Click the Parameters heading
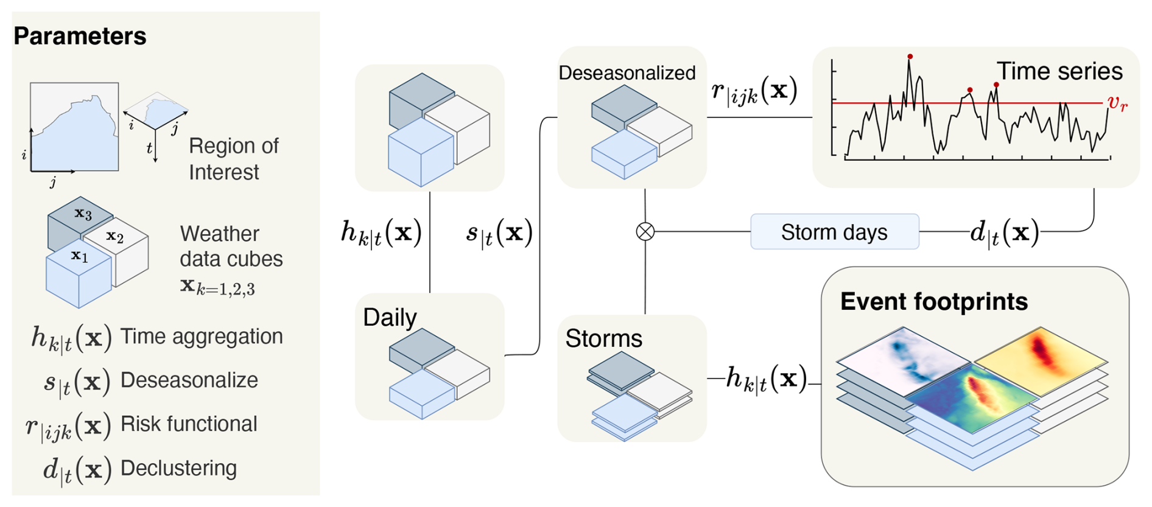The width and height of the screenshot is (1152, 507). [x=80, y=37]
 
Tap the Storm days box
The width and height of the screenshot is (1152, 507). [x=834, y=232]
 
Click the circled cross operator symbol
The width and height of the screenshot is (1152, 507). [x=645, y=232]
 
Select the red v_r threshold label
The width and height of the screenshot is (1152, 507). [x=1117, y=103]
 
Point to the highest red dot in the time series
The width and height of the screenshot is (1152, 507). [x=910, y=57]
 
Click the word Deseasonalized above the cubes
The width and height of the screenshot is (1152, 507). [x=627, y=73]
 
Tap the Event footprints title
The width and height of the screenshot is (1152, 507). [x=933, y=301]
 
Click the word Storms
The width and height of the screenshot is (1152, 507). [x=603, y=338]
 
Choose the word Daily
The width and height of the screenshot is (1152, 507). [x=390, y=317]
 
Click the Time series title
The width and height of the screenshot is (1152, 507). [x=1059, y=71]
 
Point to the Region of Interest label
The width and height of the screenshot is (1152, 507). [x=233, y=159]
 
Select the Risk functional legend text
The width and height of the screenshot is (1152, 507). [x=189, y=424]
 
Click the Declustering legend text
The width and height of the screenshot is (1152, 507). [x=178, y=468]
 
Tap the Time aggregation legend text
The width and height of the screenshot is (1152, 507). [x=202, y=336]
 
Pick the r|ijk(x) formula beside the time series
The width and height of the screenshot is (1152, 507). [x=754, y=93]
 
